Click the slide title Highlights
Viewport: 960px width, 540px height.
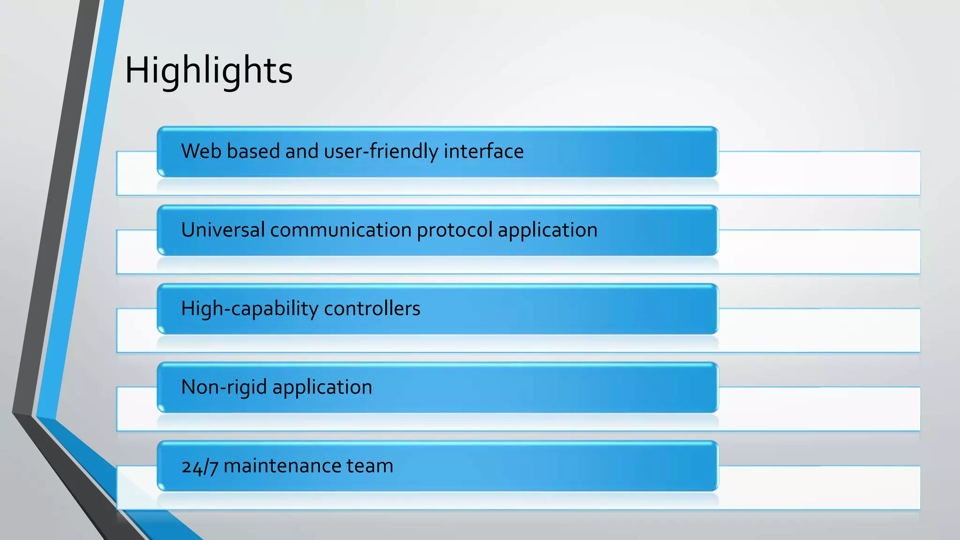209,70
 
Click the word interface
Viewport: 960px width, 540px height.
483,151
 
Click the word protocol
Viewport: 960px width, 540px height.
454,230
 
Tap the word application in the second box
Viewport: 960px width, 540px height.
547,230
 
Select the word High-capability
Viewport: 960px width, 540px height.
250,309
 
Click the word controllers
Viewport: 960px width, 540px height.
372,309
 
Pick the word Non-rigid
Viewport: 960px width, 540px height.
224,388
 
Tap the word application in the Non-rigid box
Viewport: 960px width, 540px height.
322,388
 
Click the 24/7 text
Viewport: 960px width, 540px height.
200,466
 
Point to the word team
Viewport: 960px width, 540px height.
369,466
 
